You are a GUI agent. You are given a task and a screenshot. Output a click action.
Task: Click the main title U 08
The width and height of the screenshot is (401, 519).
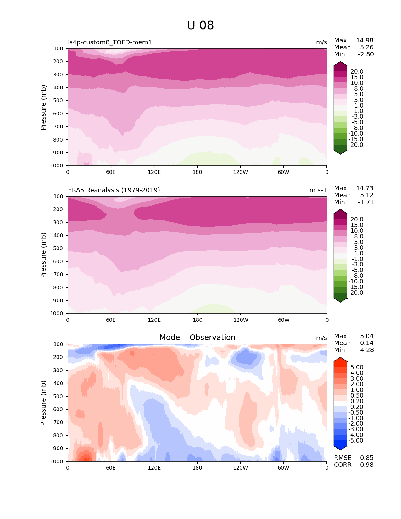pos(200,25)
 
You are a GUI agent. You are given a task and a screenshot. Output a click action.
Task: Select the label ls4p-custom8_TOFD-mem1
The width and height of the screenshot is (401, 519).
pos(110,42)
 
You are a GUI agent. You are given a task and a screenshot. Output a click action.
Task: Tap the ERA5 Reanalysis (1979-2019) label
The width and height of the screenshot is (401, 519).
pos(114,190)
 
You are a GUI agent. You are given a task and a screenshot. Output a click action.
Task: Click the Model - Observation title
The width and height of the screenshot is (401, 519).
pos(197,338)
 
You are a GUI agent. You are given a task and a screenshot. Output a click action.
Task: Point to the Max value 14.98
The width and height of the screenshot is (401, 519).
pos(365,40)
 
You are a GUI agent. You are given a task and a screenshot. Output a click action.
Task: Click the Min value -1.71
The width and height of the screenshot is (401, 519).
pos(366,202)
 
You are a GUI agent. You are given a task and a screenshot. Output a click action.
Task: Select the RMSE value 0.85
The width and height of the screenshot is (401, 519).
pos(367,458)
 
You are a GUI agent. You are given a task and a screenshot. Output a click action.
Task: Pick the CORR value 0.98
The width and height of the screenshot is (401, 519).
pos(367,465)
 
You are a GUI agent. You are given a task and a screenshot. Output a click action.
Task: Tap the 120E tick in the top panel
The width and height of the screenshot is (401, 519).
pos(154,172)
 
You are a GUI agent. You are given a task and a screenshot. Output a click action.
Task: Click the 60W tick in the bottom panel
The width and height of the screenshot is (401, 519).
pos(283,468)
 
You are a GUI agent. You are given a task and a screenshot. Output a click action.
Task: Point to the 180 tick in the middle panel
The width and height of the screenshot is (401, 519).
pos(198,320)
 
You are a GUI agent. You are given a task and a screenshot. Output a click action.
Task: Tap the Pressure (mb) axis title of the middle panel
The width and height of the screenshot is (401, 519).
pos(43,255)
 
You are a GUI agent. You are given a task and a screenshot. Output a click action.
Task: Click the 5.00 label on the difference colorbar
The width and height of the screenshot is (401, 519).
pos(357,367)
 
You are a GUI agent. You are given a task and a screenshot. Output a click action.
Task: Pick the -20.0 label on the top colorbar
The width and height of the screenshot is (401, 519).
pos(356,145)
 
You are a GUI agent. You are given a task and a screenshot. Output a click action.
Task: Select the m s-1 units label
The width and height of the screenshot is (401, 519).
pos(318,190)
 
